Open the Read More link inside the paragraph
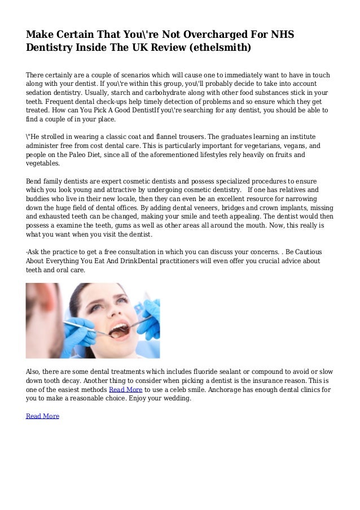pos(125,390)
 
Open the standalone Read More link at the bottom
pos(42,416)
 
